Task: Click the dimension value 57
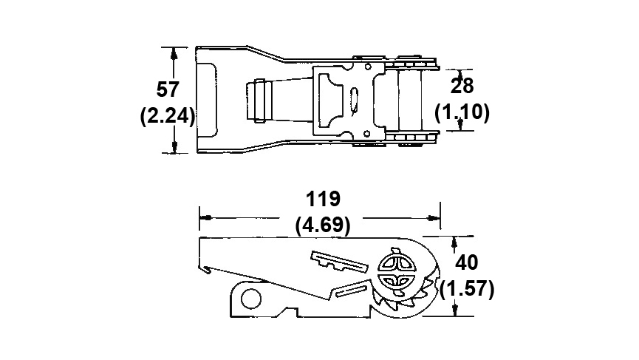tap(168, 89)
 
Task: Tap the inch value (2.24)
tap(168, 117)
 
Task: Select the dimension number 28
tap(462, 86)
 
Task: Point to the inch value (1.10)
tap(462, 112)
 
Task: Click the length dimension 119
tap(323, 199)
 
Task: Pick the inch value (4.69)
tap(323, 225)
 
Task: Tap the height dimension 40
tap(467, 262)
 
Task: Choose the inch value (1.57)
tap(467, 289)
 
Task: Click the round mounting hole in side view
tap(251, 299)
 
